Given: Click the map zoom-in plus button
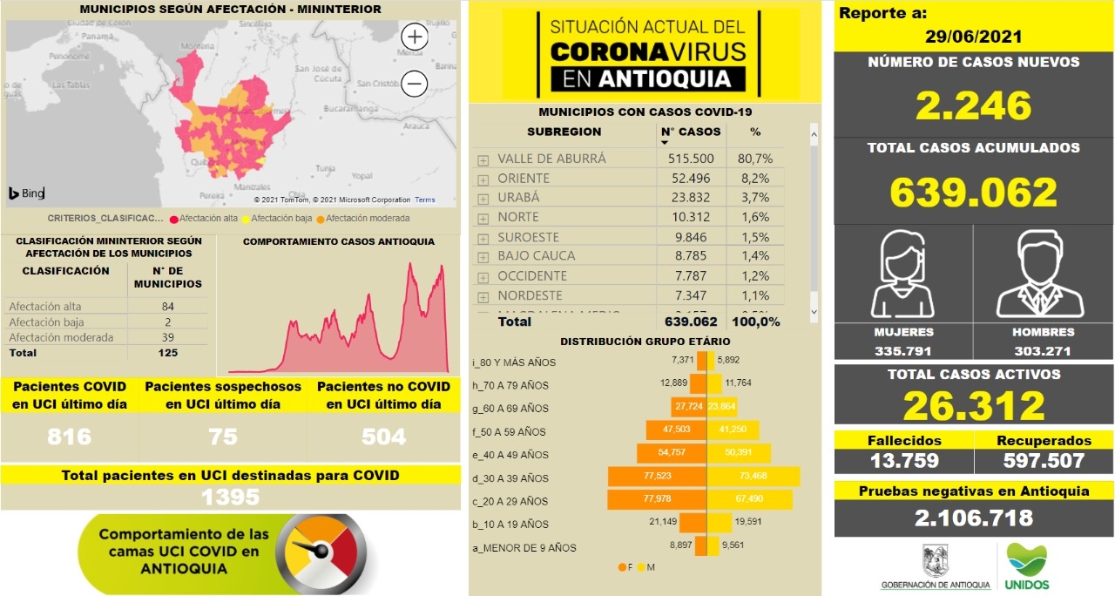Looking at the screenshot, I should [x=415, y=37].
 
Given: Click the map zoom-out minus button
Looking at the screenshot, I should [x=415, y=84].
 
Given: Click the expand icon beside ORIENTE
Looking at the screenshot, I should [x=483, y=179].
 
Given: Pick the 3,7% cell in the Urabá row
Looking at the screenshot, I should [x=756, y=197].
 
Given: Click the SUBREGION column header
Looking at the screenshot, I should [x=564, y=132].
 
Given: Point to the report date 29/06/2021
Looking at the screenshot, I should [x=973, y=37].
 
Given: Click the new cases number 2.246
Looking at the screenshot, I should [x=973, y=105].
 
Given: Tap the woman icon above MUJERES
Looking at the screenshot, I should [x=902, y=275].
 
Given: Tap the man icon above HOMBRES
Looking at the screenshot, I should [x=1042, y=275].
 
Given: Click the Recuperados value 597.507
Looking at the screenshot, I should [x=1043, y=460].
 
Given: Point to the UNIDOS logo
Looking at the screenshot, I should [x=1028, y=566].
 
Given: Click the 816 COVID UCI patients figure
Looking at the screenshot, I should [x=70, y=437].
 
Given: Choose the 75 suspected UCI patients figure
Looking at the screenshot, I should [x=223, y=437].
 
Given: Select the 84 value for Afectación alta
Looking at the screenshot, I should [x=167, y=306].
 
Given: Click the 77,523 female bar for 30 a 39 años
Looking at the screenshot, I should [x=658, y=477].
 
